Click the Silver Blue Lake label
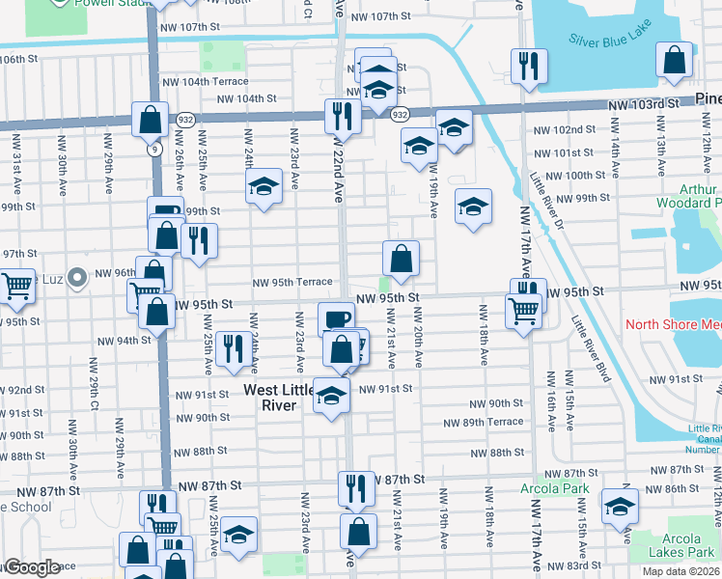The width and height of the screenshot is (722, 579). [610, 40]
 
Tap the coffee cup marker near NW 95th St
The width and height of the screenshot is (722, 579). [336, 318]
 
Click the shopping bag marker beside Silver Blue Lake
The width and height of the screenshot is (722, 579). [674, 60]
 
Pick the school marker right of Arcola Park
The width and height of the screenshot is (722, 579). [619, 506]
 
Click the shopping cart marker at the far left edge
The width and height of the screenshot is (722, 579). [16, 286]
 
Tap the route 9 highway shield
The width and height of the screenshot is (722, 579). [154, 150]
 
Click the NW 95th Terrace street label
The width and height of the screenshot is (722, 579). [292, 283]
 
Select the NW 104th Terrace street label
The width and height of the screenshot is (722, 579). [205, 82]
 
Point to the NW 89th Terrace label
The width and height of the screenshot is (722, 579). [483, 423]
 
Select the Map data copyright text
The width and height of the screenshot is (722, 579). [681, 571]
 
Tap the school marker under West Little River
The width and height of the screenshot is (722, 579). [331, 397]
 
